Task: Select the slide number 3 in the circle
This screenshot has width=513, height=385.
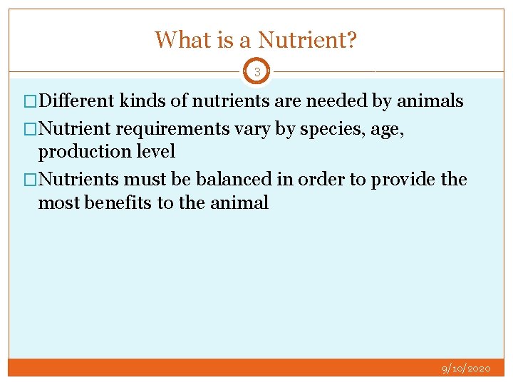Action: point(257,72)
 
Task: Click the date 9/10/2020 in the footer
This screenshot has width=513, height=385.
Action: point(466,369)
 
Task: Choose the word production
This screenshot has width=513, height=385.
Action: point(82,152)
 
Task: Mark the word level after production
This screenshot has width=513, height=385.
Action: point(152,152)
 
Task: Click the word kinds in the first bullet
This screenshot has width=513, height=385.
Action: point(142,101)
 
